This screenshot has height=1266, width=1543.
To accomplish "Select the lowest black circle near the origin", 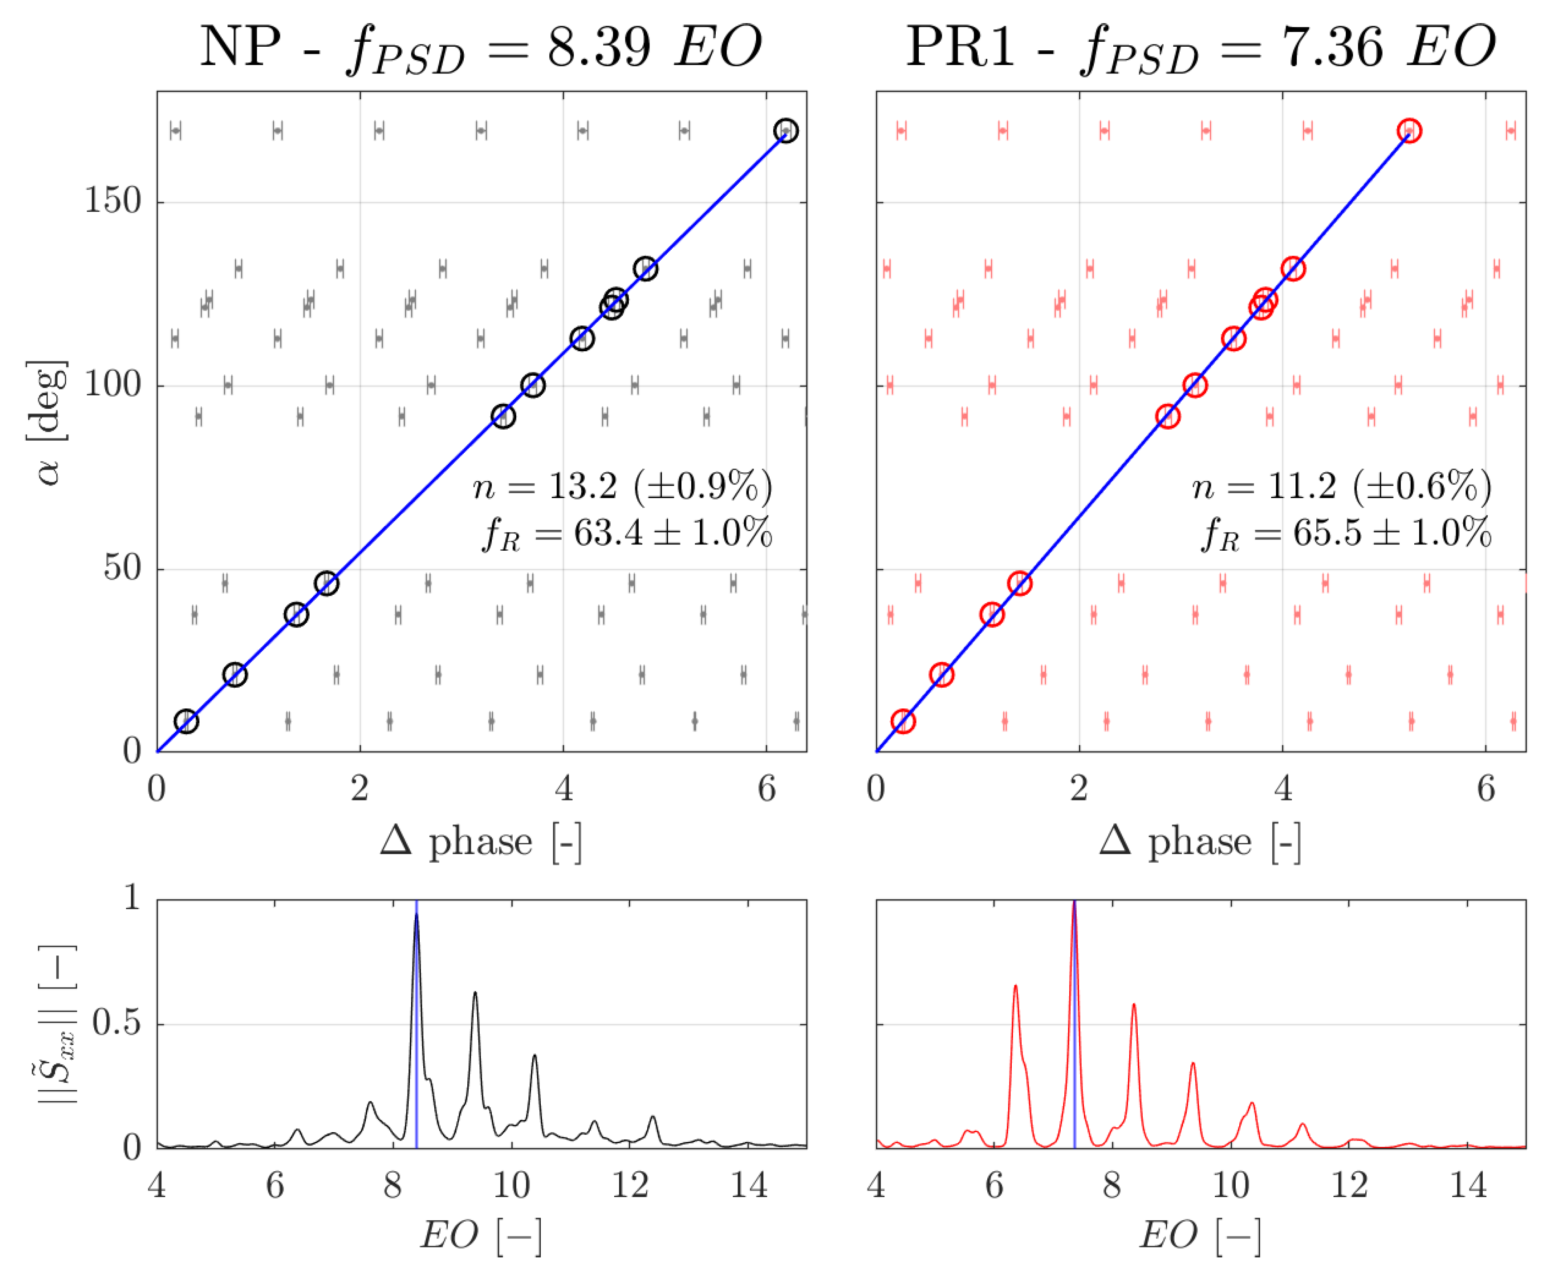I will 187,721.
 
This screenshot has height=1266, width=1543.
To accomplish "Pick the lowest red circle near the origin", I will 903,721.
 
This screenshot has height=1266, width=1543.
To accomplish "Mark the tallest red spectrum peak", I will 1074,904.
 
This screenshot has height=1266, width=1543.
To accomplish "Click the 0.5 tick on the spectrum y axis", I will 116,1024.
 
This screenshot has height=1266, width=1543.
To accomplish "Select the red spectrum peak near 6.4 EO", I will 1015,987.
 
